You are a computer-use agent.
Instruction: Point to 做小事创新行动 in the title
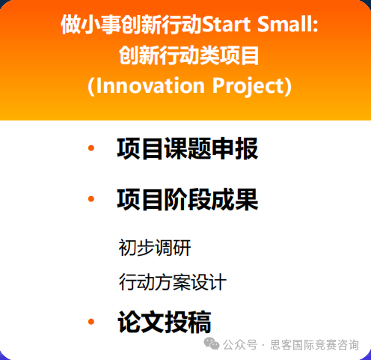[132, 25]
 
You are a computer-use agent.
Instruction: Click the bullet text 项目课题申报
[187, 149]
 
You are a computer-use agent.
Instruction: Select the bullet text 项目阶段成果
[187, 200]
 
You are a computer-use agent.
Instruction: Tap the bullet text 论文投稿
[164, 322]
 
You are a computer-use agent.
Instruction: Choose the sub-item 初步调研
[150, 247]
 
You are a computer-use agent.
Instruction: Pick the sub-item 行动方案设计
[172, 283]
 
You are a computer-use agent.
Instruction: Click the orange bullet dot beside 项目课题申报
[91, 148]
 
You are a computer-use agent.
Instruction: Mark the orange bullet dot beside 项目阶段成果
[91, 199]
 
